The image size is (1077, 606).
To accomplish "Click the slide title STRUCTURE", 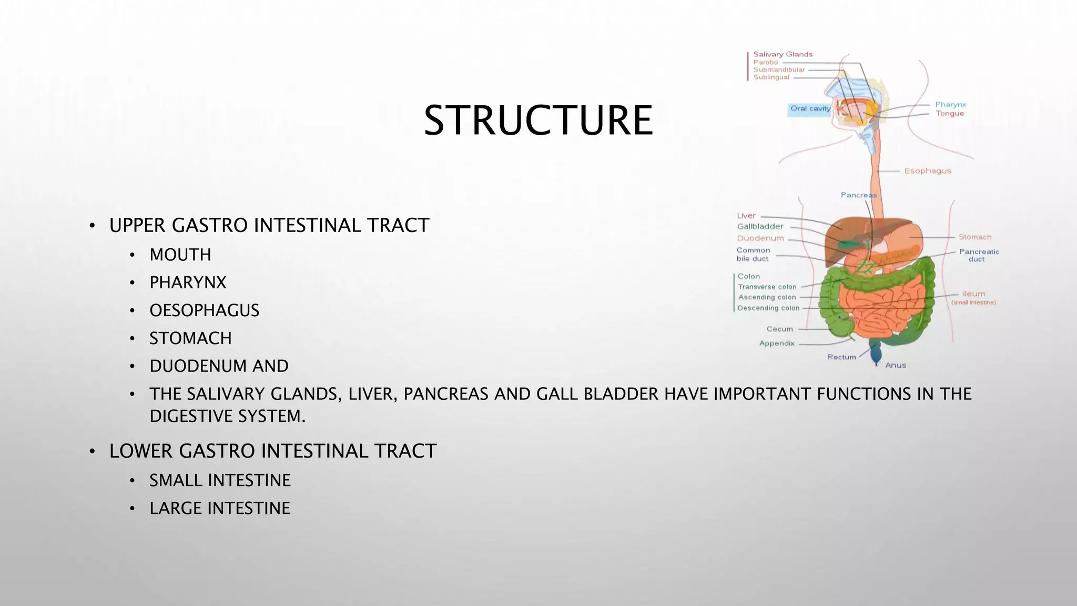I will (x=538, y=120).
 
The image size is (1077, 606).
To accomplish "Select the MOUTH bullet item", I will (x=180, y=255).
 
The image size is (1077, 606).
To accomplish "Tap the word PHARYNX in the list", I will (x=188, y=283).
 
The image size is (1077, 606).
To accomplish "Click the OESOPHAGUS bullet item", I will (x=204, y=311).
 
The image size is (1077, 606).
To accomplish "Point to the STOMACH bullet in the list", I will (x=190, y=339).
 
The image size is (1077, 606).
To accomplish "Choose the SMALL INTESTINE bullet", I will (x=220, y=481).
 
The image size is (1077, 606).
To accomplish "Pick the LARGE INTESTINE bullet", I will (x=220, y=509).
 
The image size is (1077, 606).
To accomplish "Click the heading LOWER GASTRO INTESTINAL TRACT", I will (x=272, y=451).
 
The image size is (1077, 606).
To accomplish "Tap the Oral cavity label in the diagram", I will (x=810, y=109).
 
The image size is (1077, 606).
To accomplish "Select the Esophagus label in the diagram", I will (x=928, y=171).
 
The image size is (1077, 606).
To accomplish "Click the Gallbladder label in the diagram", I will (x=760, y=227).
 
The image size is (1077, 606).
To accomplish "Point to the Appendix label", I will (x=777, y=344).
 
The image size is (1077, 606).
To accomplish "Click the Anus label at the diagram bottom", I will (x=896, y=365).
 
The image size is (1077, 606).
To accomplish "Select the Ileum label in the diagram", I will (x=973, y=294).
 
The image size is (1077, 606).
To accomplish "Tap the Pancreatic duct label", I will (x=979, y=255).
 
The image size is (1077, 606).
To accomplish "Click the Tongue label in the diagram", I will (x=949, y=114).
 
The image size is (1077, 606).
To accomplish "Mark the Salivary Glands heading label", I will (x=783, y=54).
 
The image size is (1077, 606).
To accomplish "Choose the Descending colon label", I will (x=768, y=308).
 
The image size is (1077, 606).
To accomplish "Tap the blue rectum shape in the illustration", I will (x=876, y=351).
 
